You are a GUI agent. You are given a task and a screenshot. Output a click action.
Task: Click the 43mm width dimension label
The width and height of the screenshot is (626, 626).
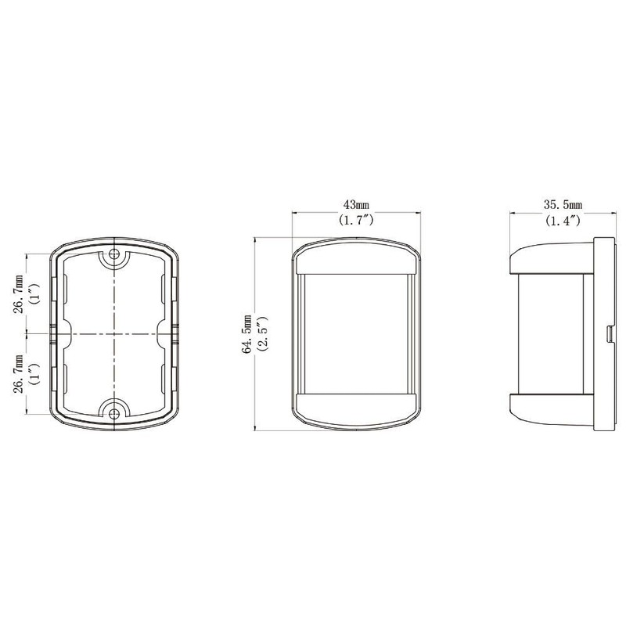tap(356, 205)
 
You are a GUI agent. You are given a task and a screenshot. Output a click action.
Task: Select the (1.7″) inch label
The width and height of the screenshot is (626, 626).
tap(356, 220)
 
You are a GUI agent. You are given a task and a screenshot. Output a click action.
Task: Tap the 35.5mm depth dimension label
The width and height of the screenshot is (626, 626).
tap(563, 205)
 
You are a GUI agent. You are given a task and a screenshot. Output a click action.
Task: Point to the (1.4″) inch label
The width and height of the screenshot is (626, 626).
tap(563, 220)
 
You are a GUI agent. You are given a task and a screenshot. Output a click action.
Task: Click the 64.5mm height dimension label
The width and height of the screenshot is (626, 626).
tap(247, 334)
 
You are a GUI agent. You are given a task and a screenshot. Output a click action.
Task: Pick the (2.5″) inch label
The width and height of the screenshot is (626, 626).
tap(263, 334)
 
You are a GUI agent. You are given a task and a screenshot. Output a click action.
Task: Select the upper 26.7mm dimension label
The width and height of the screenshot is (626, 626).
tap(20, 293)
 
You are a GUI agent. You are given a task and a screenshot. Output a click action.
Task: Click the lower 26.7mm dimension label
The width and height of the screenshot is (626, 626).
tap(20, 373)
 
